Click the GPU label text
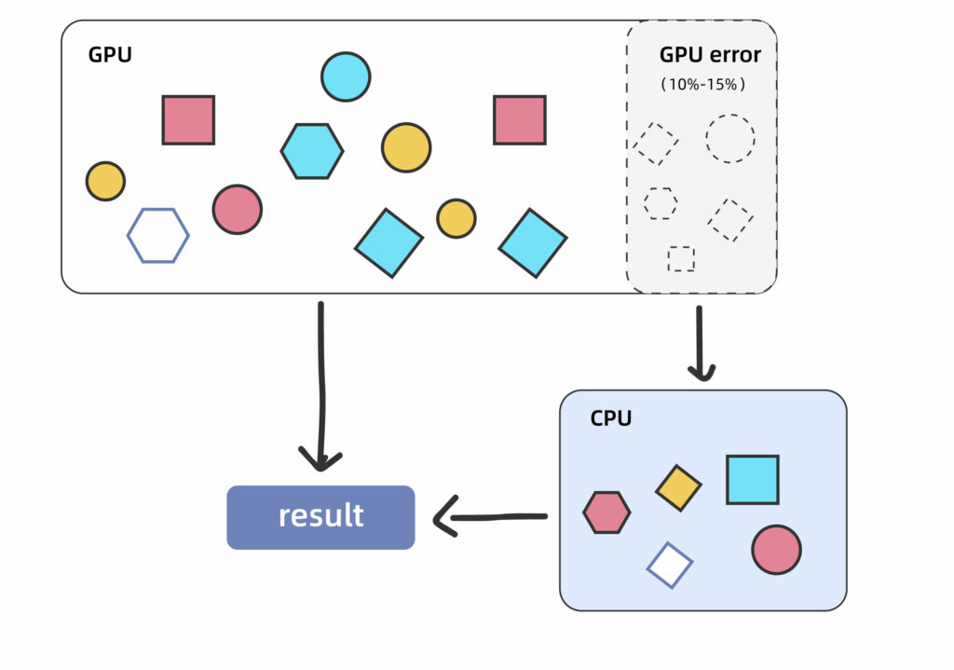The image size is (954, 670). tap(110, 54)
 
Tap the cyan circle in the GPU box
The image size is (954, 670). tap(346, 76)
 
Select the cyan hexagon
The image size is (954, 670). tap(312, 151)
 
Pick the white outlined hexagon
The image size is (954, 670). tap(158, 236)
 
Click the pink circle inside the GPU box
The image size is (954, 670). tap(237, 209)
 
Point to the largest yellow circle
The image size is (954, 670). tap(406, 147)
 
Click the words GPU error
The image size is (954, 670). tap(710, 55)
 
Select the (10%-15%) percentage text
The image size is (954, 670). tap(703, 84)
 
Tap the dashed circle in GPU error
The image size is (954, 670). tap(730, 139)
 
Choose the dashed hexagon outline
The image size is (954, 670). tap(661, 203)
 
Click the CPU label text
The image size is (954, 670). tap(611, 418)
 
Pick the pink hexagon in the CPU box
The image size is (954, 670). tap(606, 513)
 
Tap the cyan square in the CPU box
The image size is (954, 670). tap(752, 480)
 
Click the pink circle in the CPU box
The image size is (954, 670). tap(776, 549)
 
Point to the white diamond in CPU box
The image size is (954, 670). tap(670, 565)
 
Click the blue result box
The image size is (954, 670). tap(320, 517)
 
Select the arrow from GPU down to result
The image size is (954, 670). tap(321, 382)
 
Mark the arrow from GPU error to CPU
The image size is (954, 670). tap(701, 343)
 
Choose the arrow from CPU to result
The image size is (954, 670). tap(489, 516)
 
